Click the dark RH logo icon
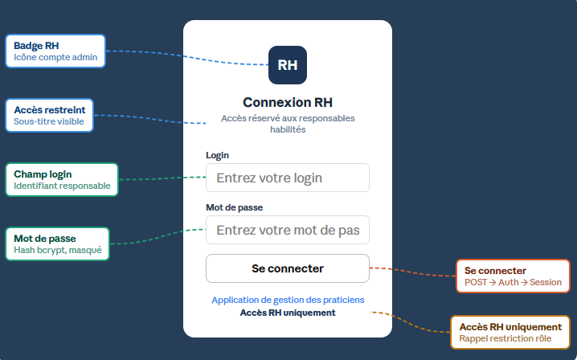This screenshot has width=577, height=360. (x=288, y=65)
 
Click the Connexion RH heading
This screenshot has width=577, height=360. (x=288, y=102)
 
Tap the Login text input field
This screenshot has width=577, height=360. (x=288, y=178)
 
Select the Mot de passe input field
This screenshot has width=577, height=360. (x=288, y=230)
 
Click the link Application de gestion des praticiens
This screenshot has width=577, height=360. (x=288, y=300)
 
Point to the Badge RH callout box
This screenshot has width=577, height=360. (x=55, y=51)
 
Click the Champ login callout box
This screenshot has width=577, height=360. (x=61, y=179)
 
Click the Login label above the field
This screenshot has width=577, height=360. (x=218, y=155)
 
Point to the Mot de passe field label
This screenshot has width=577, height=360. (x=235, y=207)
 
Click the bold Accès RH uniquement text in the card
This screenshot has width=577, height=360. (x=288, y=313)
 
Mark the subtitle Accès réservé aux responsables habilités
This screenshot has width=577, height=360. (x=288, y=124)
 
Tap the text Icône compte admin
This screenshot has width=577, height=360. (x=55, y=58)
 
